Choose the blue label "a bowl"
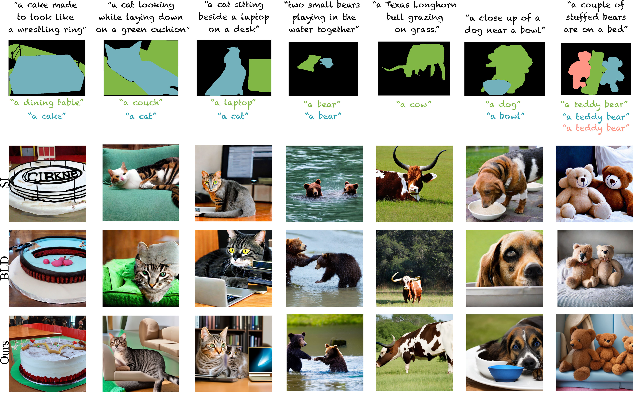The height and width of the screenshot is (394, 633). [x=505, y=116]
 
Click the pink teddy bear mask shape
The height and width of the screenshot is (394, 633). [x=579, y=69]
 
